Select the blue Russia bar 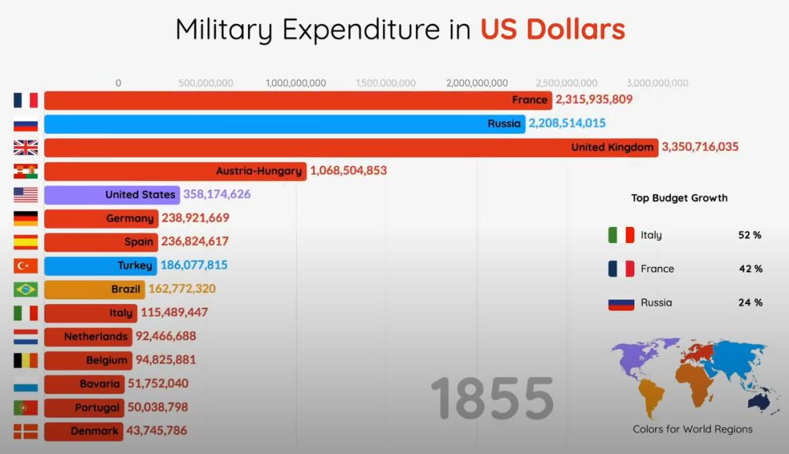pyautogui.click(x=284, y=124)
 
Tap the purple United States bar pyautogui.click(x=112, y=195)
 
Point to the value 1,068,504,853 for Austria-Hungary pyautogui.click(x=348, y=171)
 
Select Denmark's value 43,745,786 pyautogui.click(x=156, y=431)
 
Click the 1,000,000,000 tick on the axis pyautogui.click(x=296, y=83)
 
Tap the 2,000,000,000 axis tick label pyautogui.click(x=476, y=83)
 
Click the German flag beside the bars pyautogui.click(x=25, y=219)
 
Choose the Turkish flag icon pyautogui.click(x=25, y=266)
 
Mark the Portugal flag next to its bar pyautogui.click(x=25, y=408)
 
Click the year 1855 pyautogui.click(x=492, y=399)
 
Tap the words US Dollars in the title pyautogui.click(x=552, y=29)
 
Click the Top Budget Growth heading pyautogui.click(x=679, y=198)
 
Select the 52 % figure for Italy pyautogui.click(x=749, y=235)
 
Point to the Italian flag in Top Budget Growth pyautogui.click(x=620, y=235)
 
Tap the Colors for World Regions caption pyautogui.click(x=693, y=429)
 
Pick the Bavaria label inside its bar pyautogui.click(x=99, y=384)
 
